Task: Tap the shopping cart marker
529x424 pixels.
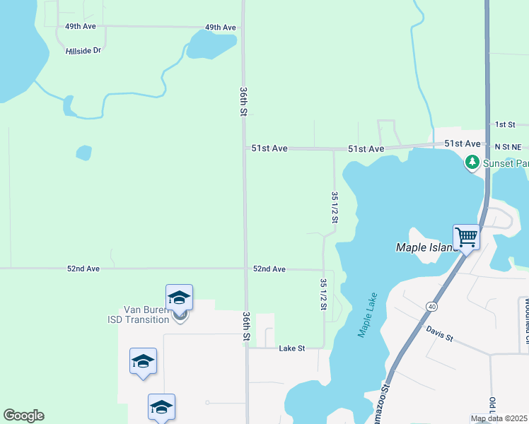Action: coord(466,237)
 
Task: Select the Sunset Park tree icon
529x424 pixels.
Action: coord(472,163)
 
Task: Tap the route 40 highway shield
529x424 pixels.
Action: coord(431,306)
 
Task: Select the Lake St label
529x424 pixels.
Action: coord(291,348)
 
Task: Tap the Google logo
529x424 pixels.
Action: coord(23,416)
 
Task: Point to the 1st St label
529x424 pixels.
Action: coord(505,124)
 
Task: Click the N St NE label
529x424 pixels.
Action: coord(507,146)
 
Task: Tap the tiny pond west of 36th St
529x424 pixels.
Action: coord(83,153)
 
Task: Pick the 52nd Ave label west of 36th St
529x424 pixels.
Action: coord(84,269)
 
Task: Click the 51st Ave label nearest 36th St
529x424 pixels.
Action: coord(269,149)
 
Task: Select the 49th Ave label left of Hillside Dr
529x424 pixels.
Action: coord(80,26)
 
